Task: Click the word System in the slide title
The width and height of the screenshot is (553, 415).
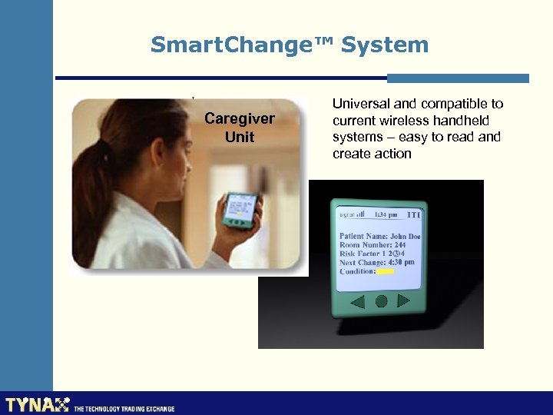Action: click(385, 45)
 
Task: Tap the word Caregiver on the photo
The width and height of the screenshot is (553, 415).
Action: click(240, 119)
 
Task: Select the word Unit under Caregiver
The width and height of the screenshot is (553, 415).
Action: click(240, 138)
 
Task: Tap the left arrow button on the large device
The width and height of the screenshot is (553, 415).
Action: click(357, 302)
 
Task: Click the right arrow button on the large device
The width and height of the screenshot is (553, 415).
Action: click(405, 301)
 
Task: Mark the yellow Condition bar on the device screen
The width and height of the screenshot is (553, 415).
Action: click(386, 271)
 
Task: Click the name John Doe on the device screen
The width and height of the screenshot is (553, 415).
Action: click(404, 236)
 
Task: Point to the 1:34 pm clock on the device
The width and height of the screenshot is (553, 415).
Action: click(386, 215)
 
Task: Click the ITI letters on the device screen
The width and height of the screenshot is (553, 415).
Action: click(413, 215)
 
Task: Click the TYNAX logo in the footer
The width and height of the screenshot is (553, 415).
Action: click(38, 404)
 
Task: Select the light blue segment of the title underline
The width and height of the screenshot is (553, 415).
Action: click(458, 78)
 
